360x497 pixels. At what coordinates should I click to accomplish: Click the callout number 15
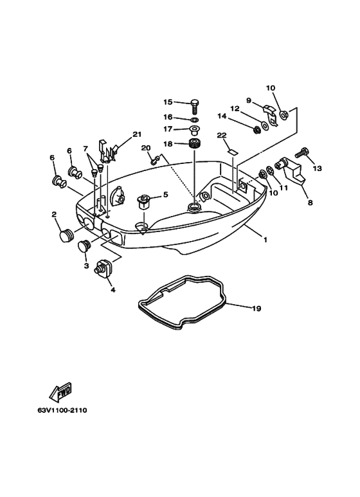(168, 102)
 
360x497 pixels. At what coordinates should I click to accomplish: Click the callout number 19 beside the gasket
(256, 309)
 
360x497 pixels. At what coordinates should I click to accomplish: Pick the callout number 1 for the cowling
(265, 239)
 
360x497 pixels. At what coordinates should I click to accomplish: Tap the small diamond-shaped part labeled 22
(232, 152)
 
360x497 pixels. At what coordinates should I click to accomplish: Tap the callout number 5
(165, 194)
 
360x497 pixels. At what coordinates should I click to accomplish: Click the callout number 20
(145, 148)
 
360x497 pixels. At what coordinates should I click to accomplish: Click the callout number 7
(85, 149)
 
